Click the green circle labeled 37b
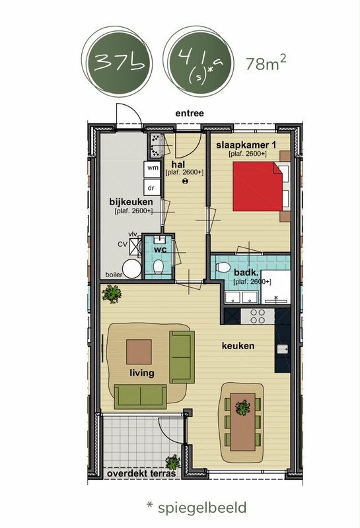tap(119, 63)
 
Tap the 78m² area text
tap(266, 63)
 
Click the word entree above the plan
tap(190, 114)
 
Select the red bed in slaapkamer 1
tap(258, 186)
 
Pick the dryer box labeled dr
tap(152, 187)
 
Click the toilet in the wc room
tap(158, 267)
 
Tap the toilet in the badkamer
tap(223, 267)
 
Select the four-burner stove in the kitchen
tap(258, 316)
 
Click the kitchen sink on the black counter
tap(283, 349)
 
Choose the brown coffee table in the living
tap(139, 352)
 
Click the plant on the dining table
tap(242, 407)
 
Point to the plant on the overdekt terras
tap(173, 462)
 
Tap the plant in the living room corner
tap(112, 294)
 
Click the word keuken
tap(238, 346)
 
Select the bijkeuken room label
tap(131, 202)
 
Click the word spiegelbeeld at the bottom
tap(202, 508)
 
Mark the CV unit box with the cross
tap(135, 245)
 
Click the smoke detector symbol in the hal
tap(185, 181)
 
